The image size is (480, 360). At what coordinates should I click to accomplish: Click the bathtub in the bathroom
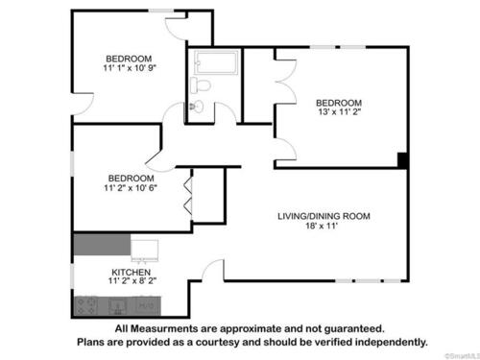tap(216, 62)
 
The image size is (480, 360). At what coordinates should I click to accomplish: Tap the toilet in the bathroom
tap(201, 85)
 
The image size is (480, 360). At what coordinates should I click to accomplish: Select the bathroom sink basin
tap(196, 106)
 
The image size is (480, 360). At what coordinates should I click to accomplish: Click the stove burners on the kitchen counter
tap(86, 306)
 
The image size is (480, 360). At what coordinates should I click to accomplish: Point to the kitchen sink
tap(117, 306)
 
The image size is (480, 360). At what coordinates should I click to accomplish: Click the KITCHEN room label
tap(132, 273)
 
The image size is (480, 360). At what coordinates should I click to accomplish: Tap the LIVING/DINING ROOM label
tap(324, 216)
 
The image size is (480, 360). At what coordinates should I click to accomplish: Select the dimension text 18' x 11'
tap(322, 226)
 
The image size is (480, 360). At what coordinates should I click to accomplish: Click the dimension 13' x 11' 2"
tap(340, 111)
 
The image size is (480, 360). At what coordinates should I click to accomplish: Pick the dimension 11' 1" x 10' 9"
tap(130, 68)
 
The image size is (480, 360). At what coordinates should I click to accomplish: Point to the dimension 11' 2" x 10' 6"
tap(131, 188)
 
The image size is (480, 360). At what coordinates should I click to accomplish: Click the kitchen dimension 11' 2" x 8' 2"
tap(132, 281)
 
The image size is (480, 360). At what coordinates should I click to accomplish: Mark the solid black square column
tap(402, 160)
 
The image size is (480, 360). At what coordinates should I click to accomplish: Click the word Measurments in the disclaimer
tap(164, 328)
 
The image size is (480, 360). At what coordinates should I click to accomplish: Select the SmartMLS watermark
tap(463, 356)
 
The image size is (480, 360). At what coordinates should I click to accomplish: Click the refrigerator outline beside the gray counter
tap(145, 250)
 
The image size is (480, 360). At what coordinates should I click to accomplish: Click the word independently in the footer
tap(391, 343)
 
